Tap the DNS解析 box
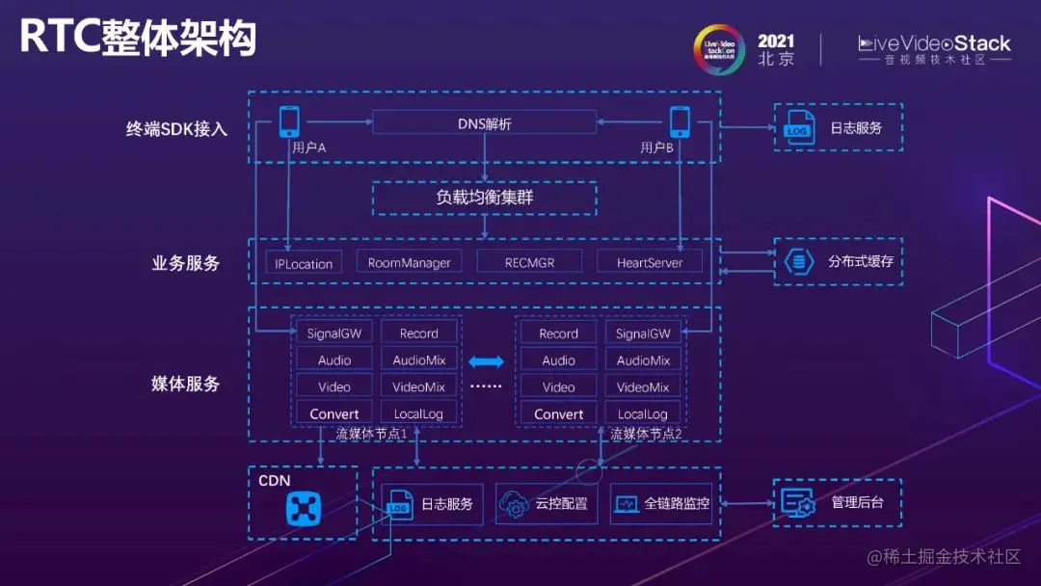tap(484, 123)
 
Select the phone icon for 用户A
tap(289, 121)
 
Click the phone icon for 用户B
tap(680, 121)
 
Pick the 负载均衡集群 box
tap(484, 198)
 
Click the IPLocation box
tap(304, 263)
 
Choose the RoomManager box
tap(409, 262)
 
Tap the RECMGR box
tap(529, 262)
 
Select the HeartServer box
tap(650, 262)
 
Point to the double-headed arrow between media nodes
tap(486, 361)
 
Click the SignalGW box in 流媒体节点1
tap(334, 333)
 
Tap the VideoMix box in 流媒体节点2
tap(643, 387)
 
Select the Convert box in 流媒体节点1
tap(334, 414)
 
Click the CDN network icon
tap(303, 508)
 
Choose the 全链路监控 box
tap(661, 504)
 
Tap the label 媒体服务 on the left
tap(186, 384)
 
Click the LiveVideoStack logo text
tap(934, 43)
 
